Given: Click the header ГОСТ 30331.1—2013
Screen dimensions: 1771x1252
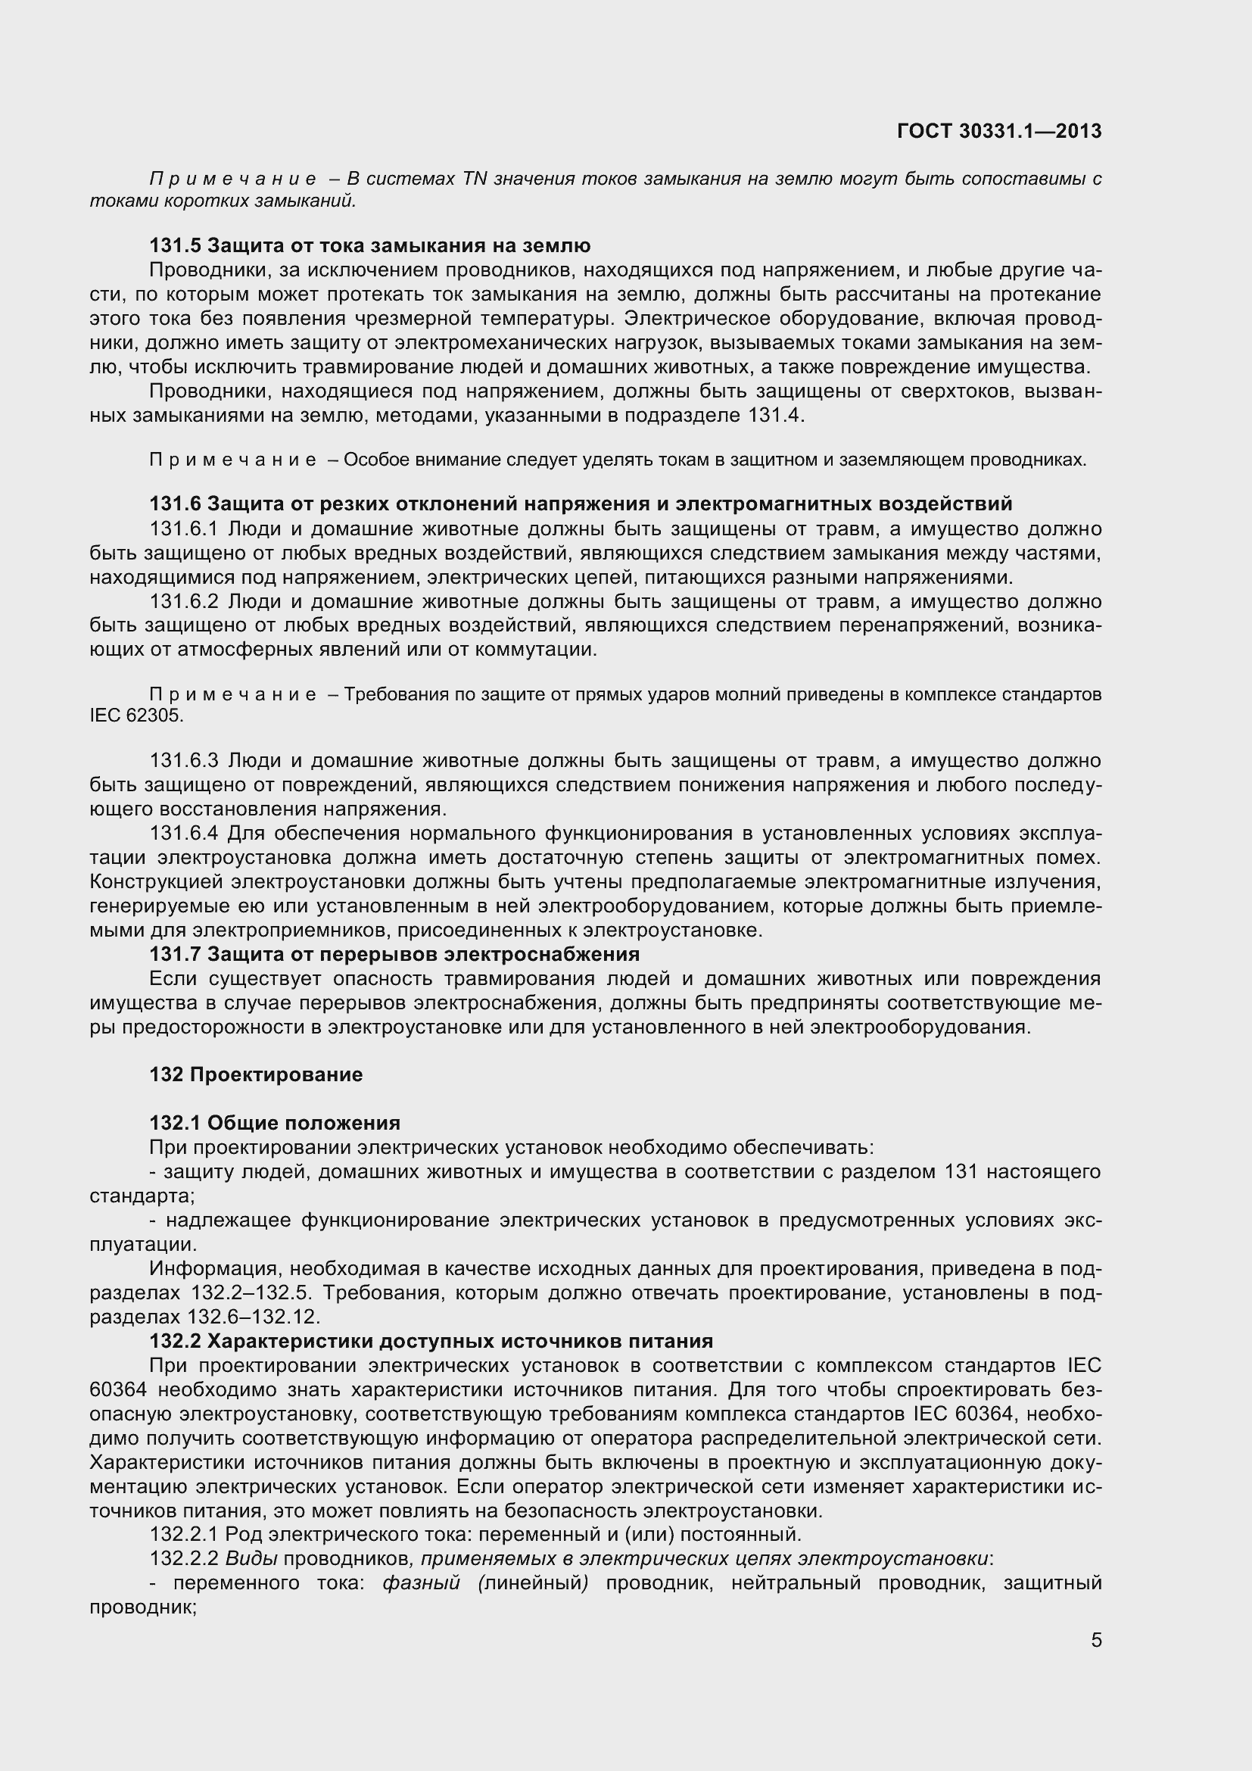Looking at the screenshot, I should [x=999, y=131].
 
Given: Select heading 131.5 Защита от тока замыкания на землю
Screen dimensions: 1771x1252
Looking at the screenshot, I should [x=370, y=245].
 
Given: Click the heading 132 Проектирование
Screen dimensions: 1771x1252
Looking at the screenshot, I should [x=256, y=1074].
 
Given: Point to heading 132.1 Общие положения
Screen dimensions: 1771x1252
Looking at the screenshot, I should [x=275, y=1122].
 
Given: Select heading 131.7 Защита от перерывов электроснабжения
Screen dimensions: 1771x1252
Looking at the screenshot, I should [x=394, y=954].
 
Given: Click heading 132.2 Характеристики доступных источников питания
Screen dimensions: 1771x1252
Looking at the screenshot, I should [x=431, y=1341].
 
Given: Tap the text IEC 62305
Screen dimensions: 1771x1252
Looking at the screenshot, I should [x=136, y=715].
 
